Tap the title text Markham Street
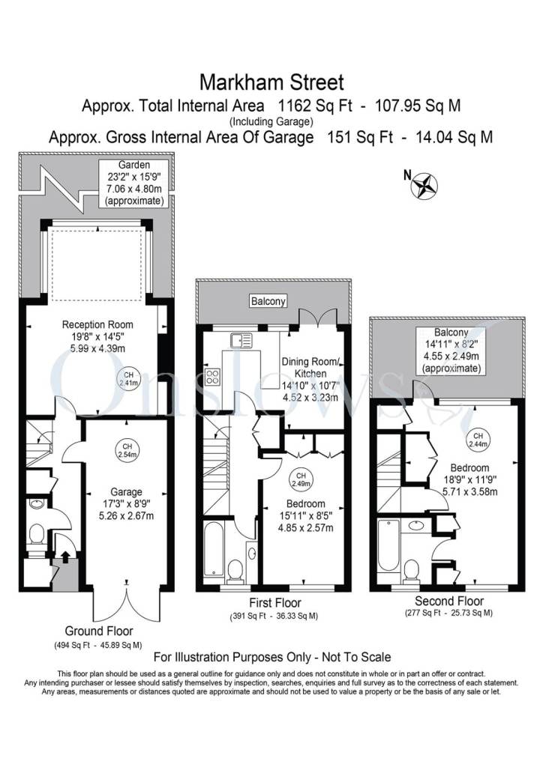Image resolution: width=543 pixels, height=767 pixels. [271, 80]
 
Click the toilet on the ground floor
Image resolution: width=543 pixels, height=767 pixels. [35, 533]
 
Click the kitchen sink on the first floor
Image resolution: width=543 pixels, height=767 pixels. [243, 341]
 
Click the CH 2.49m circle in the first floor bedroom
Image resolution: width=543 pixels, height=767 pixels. [301, 478]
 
